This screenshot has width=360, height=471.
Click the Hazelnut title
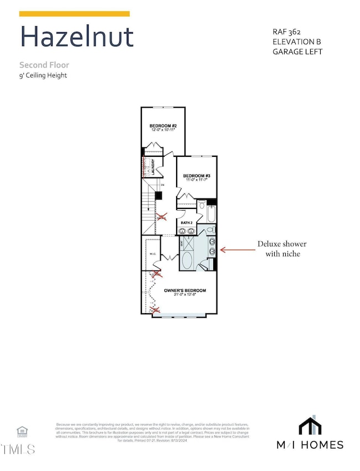click(x=76, y=37)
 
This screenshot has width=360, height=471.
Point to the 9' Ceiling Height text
click(x=43, y=75)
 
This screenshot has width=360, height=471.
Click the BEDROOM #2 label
click(x=163, y=126)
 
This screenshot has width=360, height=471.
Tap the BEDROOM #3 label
click(x=197, y=175)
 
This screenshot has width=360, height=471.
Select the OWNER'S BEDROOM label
click(x=185, y=290)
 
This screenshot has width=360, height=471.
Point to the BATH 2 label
click(x=187, y=223)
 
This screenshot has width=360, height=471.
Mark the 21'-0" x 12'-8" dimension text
click(x=184, y=295)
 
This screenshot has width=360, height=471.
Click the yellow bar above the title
click(x=75, y=14)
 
